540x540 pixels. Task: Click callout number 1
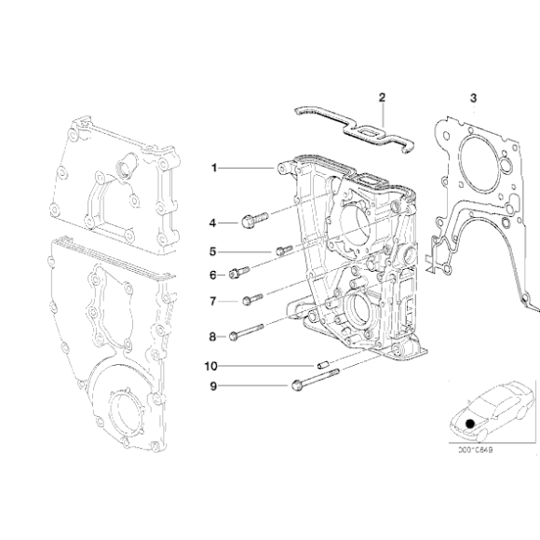213,169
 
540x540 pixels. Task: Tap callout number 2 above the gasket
381,97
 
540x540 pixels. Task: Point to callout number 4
212,223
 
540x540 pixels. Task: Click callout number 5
212,251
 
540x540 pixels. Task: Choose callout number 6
212,275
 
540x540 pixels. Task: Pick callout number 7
212,302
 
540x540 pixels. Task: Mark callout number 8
212,336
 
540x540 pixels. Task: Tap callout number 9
212,385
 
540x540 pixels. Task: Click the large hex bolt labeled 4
253,220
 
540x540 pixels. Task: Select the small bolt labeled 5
284,250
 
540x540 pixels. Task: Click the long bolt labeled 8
249,331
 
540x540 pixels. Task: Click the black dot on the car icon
471,423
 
